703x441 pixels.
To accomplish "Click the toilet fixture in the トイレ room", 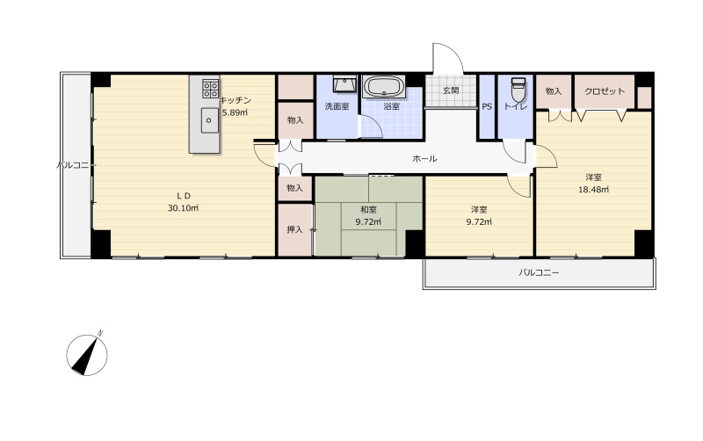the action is (518, 90).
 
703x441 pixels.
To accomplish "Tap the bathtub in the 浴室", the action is (384, 86).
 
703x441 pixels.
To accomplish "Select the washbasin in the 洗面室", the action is (344, 83).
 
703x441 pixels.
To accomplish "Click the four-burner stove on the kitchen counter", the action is (210, 89).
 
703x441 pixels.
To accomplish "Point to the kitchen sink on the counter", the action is (210, 120).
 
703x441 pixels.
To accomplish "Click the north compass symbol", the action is (87, 354).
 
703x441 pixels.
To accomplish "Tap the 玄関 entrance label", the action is (451, 90).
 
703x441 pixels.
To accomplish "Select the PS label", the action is (487, 106).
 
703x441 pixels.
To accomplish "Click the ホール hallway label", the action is (424, 158).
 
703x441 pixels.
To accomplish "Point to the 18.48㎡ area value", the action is (593, 189).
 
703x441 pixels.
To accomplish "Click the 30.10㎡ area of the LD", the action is (183, 208).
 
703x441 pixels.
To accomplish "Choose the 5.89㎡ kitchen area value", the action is (235, 112).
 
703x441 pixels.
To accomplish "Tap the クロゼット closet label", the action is (605, 91).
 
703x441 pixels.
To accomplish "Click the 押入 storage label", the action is (294, 229).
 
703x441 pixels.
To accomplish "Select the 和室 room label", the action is (368, 209).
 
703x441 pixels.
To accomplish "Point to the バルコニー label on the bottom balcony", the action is (539, 272).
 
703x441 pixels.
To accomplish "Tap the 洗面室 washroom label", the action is (337, 106).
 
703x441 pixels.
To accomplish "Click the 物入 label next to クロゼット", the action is (554, 91).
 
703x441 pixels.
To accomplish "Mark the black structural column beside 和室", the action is (415, 244).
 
